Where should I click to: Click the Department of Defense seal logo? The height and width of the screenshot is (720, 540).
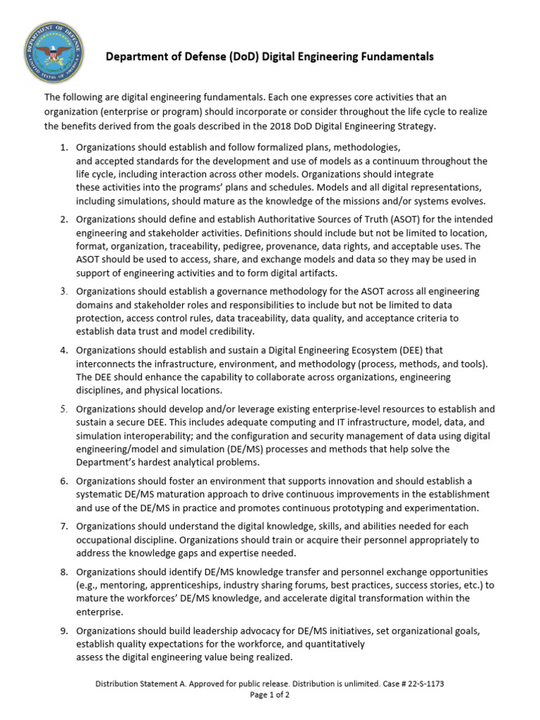click(x=53, y=52)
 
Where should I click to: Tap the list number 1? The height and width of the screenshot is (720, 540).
click(x=63, y=148)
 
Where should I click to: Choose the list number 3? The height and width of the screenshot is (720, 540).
click(x=63, y=291)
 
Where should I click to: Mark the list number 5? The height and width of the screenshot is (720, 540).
click(x=63, y=409)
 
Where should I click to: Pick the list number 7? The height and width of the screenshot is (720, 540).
click(x=63, y=526)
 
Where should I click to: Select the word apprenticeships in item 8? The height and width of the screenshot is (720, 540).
click(x=181, y=585)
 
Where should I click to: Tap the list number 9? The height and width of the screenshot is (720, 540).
click(x=63, y=631)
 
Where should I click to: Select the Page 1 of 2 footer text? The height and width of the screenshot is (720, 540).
click(x=270, y=695)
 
